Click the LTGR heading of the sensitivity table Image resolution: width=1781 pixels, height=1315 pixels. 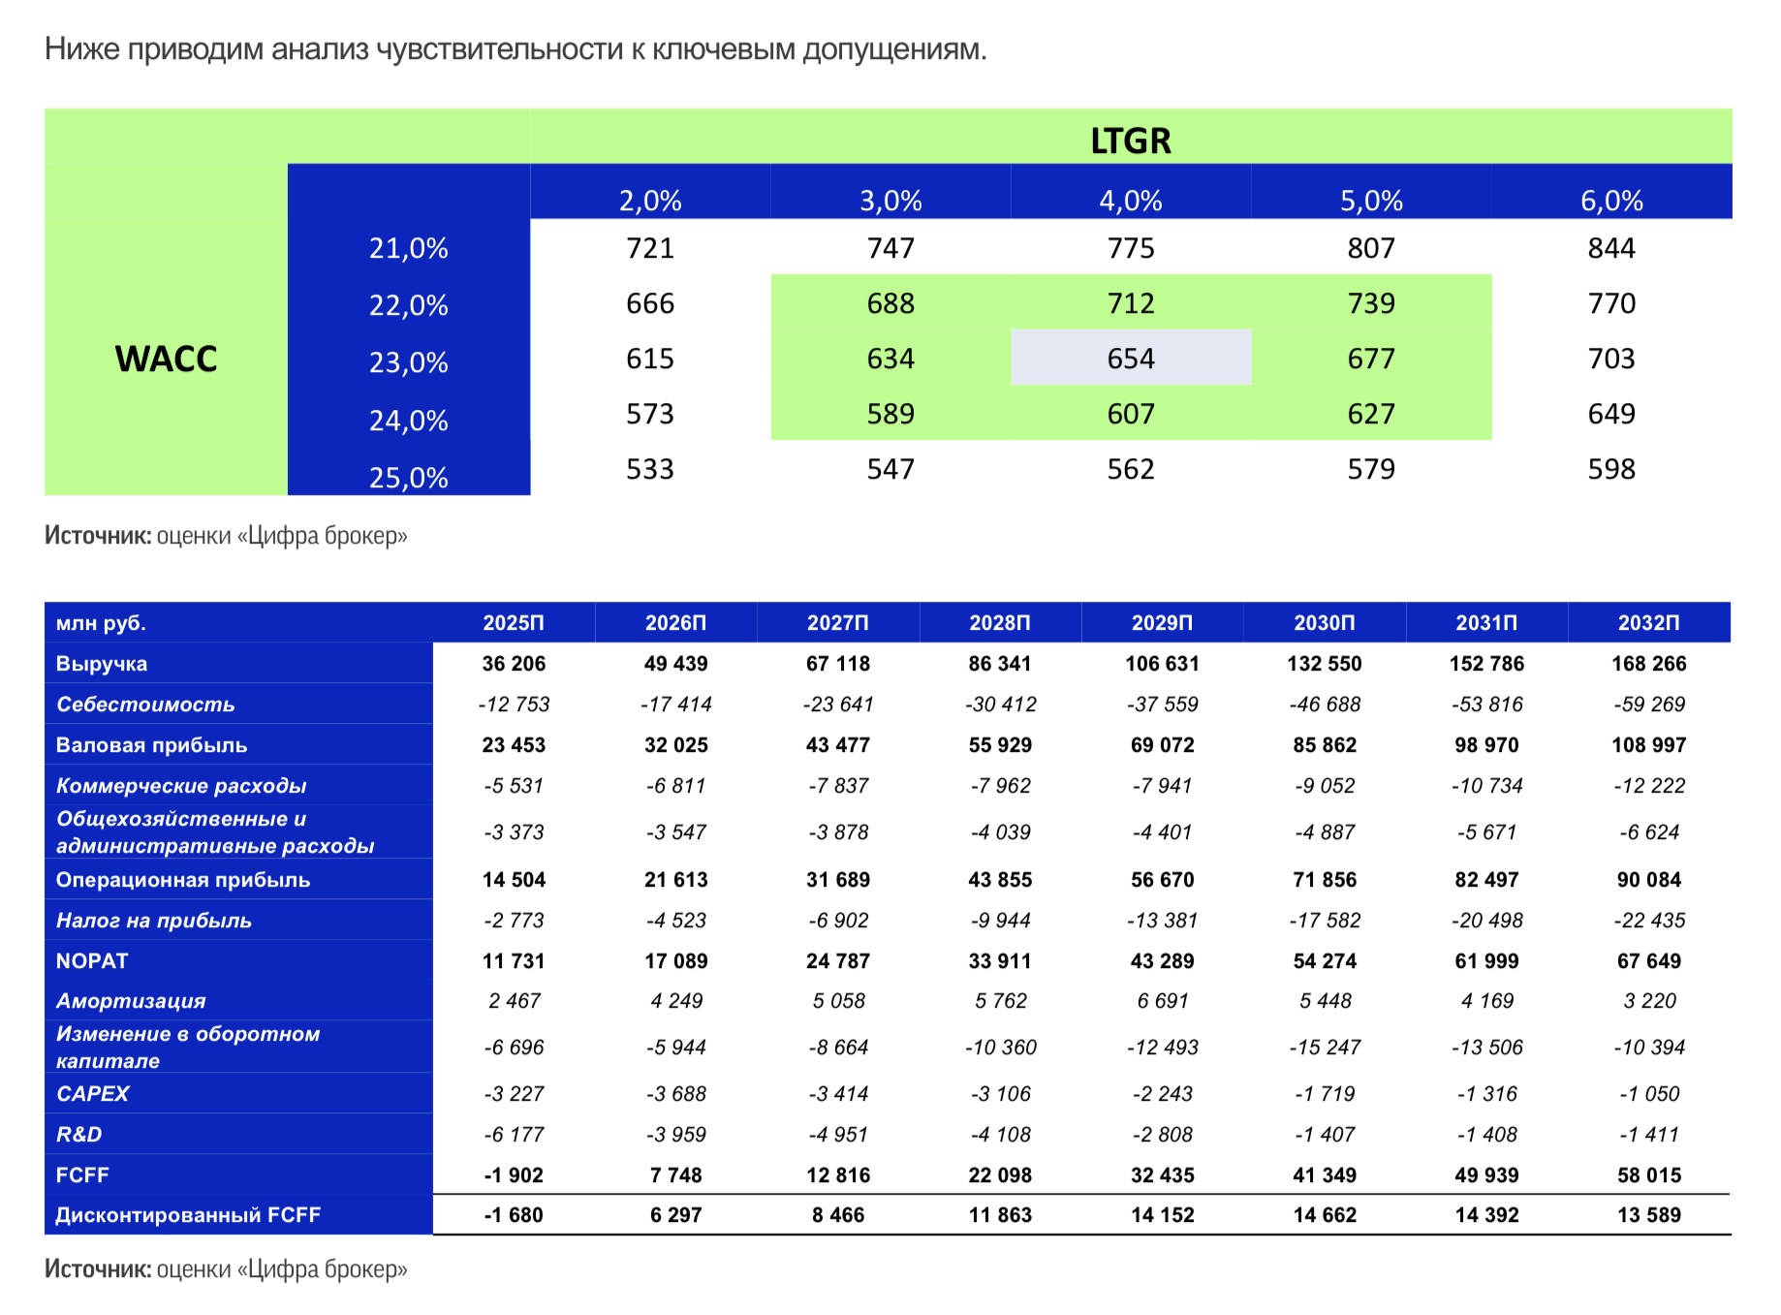pyautogui.click(x=1131, y=141)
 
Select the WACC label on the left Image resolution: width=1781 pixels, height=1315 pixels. pyautogui.click(x=166, y=359)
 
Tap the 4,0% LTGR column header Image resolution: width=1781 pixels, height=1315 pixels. pyautogui.click(x=1131, y=201)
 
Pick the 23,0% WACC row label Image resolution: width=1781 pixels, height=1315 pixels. pyautogui.click(x=408, y=362)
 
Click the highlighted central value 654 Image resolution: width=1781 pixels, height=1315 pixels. pyautogui.click(x=1131, y=359)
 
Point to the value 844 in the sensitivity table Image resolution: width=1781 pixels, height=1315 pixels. pyautogui.click(x=1611, y=248)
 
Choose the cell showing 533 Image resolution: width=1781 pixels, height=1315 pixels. pyautogui.click(x=650, y=469)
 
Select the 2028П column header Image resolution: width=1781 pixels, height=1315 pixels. pyautogui.click(x=1000, y=623)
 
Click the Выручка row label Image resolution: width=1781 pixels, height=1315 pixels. pyautogui.click(x=102, y=664)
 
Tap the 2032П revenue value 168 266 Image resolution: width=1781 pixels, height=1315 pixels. pyautogui.click(x=1649, y=664)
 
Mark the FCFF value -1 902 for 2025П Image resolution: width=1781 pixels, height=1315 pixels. pyautogui.click(x=514, y=1175)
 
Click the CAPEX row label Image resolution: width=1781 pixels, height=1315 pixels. pyautogui.click(x=92, y=1094)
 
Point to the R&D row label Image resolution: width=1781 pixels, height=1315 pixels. pyautogui.click(x=78, y=1135)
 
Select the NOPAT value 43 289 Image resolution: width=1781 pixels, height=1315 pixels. pyautogui.click(x=1163, y=961)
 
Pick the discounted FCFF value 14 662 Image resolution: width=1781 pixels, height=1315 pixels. pyautogui.click(x=1325, y=1215)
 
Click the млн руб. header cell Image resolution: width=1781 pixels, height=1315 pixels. pyautogui.click(x=101, y=623)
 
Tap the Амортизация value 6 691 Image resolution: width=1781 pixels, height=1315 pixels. pyautogui.click(x=1163, y=1001)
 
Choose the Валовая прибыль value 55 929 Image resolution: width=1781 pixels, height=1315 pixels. pyautogui.click(x=1000, y=745)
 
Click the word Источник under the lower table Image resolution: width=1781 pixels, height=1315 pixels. pyautogui.click(x=98, y=1269)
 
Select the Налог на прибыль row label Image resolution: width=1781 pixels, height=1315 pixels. pyautogui.click(x=154, y=921)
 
